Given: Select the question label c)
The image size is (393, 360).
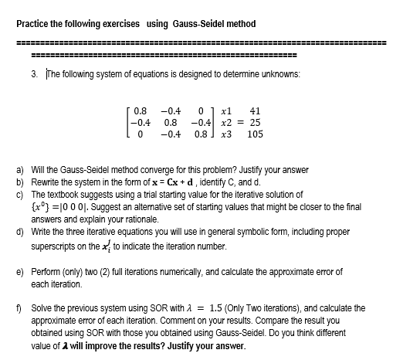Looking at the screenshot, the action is tap(20, 195).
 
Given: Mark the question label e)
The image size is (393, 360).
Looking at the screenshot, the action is tap(20, 272).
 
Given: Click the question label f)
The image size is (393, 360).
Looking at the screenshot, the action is tap(19, 306).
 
